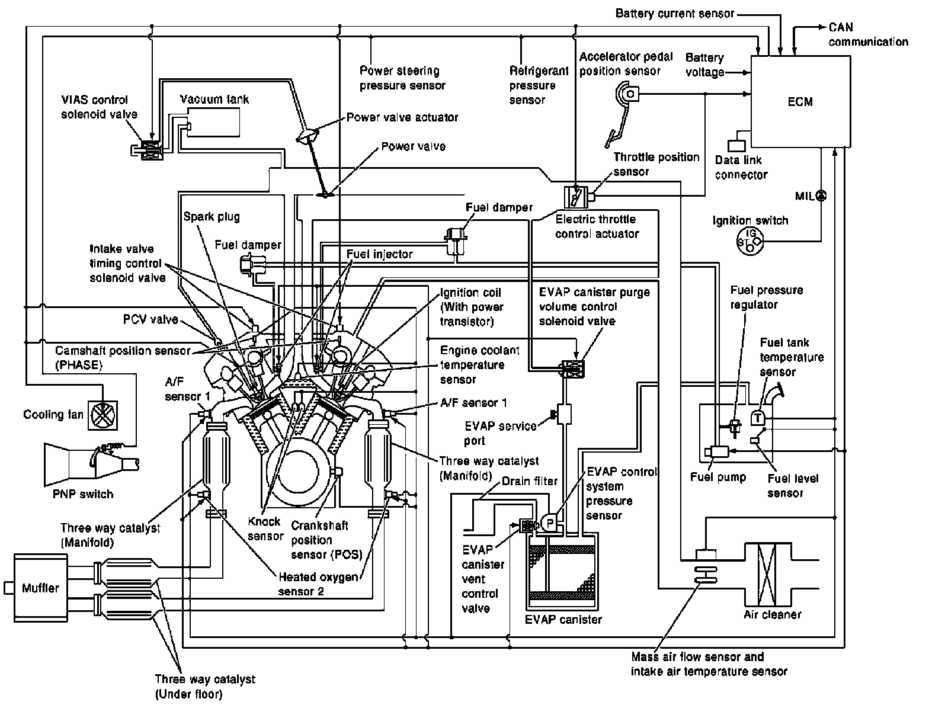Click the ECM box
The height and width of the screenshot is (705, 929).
tap(800, 101)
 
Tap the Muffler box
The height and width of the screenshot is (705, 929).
tap(40, 588)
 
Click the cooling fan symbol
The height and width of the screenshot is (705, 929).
tap(102, 415)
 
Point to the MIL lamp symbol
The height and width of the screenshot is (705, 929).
tap(821, 196)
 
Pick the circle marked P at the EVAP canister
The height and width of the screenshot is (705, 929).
tap(549, 523)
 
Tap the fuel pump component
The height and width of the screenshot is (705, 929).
tap(719, 451)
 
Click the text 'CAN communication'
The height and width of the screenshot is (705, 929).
tap(868, 35)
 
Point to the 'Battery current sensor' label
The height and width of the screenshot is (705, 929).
tap(675, 13)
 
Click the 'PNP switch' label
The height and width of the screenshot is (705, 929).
tap(83, 493)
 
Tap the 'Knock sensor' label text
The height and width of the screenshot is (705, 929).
tap(265, 528)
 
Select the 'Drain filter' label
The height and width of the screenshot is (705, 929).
tap(530, 482)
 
